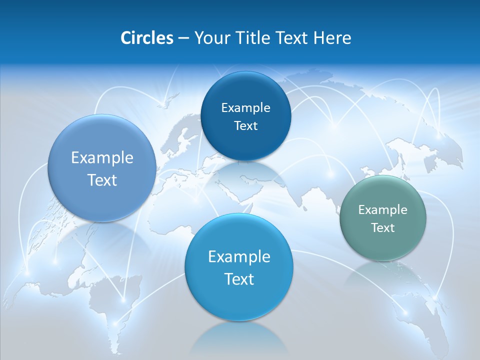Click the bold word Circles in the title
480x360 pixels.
pyautogui.click(x=146, y=38)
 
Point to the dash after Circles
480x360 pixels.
pyautogui.click(x=183, y=38)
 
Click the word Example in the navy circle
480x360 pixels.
pyautogui.click(x=245, y=108)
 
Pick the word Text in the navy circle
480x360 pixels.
pyautogui.click(x=245, y=126)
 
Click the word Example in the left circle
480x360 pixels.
pyautogui.click(x=102, y=158)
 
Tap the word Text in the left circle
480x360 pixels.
pyautogui.click(x=102, y=180)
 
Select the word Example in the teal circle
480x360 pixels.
pyautogui.click(x=383, y=210)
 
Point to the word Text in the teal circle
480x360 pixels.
pyautogui.click(x=383, y=228)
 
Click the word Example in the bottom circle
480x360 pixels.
pyautogui.click(x=239, y=257)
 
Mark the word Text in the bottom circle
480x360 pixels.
pyautogui.click(x=239, y=279)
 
